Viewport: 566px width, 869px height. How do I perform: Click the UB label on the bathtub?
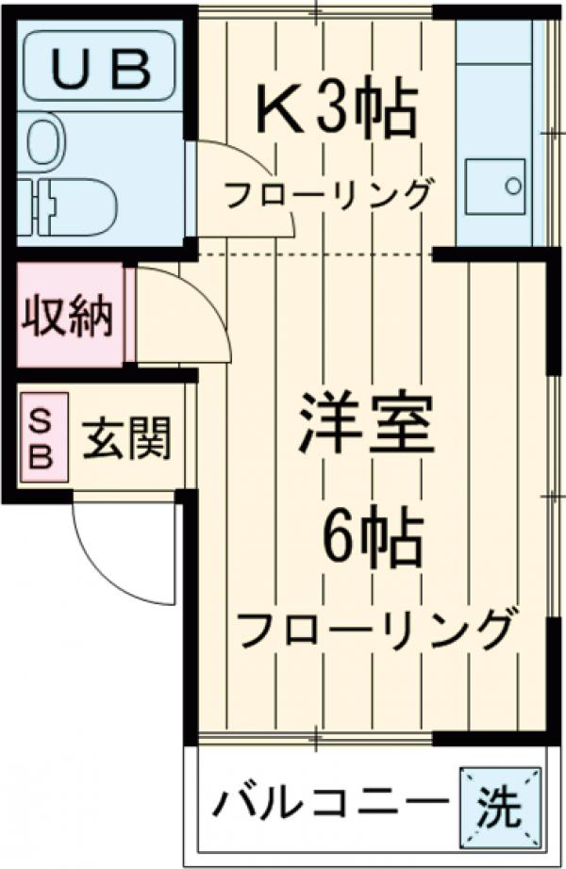(x=98, y=66)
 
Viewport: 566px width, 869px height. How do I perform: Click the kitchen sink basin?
(x=496, y=182)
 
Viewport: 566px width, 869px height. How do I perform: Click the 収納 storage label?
(x=68, y=317)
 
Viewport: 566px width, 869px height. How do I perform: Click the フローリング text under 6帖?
(x=376, y=628)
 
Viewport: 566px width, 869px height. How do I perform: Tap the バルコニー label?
(x=326, y=807)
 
